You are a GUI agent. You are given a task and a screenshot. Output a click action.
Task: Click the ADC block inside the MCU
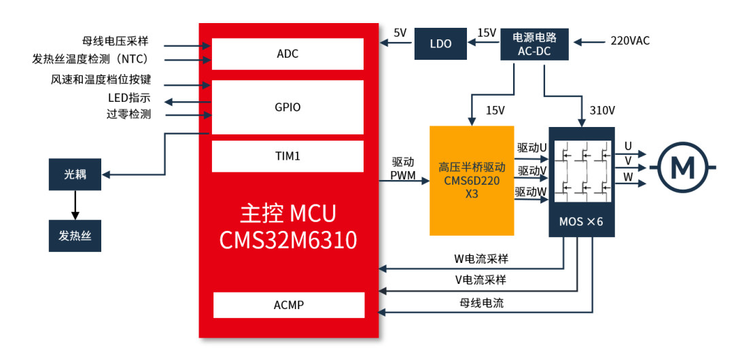287,54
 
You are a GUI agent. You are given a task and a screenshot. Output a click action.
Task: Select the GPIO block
287,107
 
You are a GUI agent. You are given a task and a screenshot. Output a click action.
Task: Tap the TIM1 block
287,156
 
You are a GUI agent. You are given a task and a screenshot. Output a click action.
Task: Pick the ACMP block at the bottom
288,305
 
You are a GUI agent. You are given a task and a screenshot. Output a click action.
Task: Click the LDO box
440,43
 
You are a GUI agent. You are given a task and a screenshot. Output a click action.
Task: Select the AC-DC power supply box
534,43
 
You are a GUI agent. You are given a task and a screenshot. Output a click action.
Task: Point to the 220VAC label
629,41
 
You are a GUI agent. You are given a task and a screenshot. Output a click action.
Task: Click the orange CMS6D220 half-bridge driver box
472,180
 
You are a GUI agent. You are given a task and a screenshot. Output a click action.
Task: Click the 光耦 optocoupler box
75,174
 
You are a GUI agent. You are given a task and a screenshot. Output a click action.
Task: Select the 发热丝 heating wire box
75,236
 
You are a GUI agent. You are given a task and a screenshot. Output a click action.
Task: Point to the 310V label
602,111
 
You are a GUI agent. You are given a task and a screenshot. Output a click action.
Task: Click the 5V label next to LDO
400,33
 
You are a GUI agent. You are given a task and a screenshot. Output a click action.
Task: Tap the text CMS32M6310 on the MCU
287,240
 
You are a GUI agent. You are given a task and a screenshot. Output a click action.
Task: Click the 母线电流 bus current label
481,303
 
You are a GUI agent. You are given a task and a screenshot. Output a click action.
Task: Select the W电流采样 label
481,259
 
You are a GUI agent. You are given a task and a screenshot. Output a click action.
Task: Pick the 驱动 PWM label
402,169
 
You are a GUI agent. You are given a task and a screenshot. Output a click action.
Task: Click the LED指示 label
129,98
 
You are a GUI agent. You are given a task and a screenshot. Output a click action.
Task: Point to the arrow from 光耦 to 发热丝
75,204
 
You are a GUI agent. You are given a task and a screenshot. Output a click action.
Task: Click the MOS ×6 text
581,222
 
